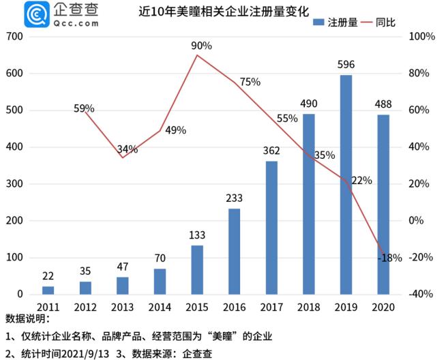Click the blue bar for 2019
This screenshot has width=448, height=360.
coord(346,184)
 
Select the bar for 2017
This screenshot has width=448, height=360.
coord(271,228)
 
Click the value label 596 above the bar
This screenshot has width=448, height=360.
coord(346,65)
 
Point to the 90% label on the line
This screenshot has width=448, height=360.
coord(202,46)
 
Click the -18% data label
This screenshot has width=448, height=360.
coord(391,258)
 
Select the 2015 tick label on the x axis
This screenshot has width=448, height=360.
coord(196,308)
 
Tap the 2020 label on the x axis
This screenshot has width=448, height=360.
coord(383,308)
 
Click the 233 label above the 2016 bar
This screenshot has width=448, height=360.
coord(234,198)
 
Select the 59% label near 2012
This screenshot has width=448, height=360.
coord(83,108)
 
